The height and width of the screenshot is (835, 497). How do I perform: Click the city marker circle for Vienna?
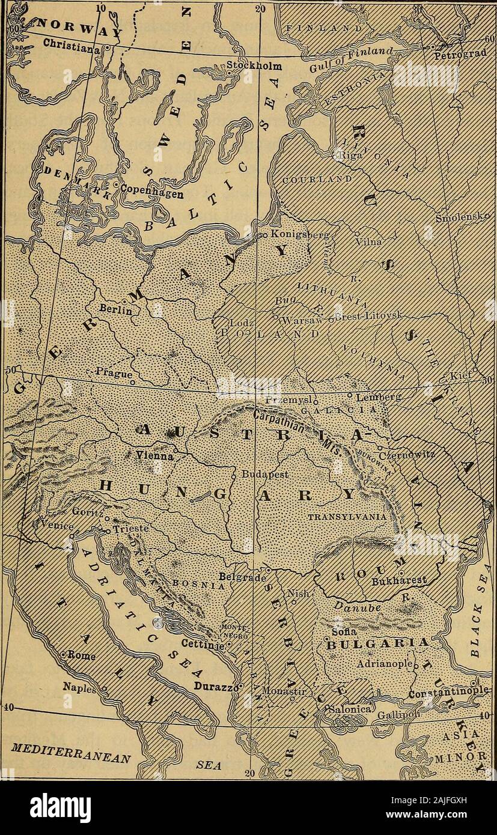pos(175,448)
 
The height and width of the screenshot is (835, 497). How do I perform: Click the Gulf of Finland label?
pos(372,61)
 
